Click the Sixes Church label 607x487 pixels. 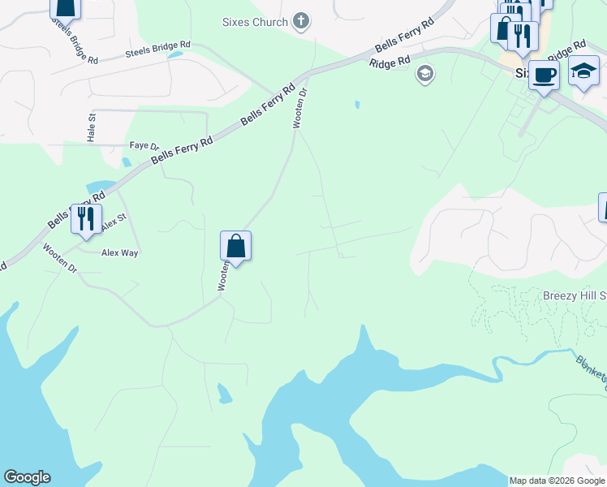click(255, 22)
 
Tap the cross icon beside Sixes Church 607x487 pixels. click(301, 21)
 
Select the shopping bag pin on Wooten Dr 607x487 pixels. click(235, 245)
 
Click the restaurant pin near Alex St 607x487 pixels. click(85, 218)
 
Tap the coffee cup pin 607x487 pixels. click(544, 75)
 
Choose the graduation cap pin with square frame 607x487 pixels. click(583, 71)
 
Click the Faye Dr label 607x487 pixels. click(144, 145)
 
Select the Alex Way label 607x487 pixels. click(120, 253)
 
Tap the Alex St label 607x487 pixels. click(114, 221)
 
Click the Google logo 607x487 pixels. click(27, 477)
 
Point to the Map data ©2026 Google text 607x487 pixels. click(557, 481)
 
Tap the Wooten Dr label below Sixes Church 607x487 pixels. click(300, 109)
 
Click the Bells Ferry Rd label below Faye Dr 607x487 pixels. click(182, 154)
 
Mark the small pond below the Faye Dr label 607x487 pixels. click(127, 162)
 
